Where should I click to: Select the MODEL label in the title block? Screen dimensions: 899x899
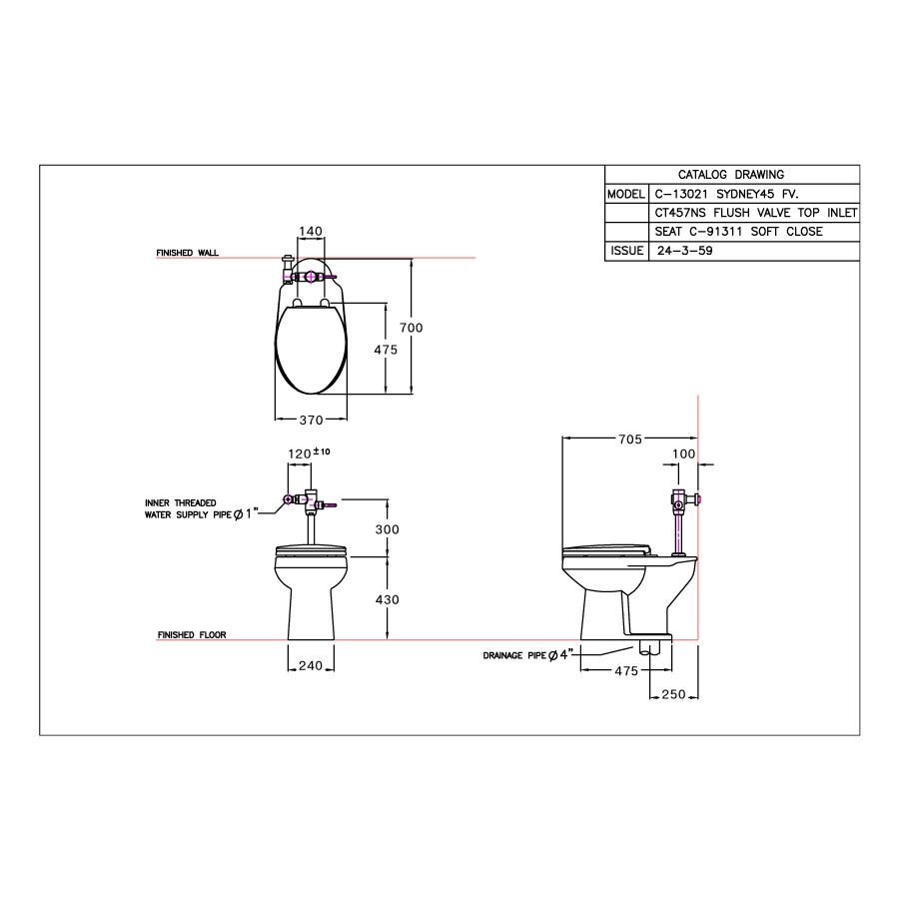626,194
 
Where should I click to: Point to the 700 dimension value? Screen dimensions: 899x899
413,328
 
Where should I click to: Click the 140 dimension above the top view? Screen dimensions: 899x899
311,231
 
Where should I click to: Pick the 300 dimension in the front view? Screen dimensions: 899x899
387,528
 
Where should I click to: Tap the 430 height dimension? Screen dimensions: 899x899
387,599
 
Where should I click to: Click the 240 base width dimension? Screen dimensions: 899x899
310,666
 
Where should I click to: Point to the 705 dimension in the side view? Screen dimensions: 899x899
629,439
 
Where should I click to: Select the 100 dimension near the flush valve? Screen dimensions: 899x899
683,454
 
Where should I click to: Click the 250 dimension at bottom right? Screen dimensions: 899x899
673,695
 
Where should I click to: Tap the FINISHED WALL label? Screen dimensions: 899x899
187,254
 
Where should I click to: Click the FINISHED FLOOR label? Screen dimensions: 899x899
191,635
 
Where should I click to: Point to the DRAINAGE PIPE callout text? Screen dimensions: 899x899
525,655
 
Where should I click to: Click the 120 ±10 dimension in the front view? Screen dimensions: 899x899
308,452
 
